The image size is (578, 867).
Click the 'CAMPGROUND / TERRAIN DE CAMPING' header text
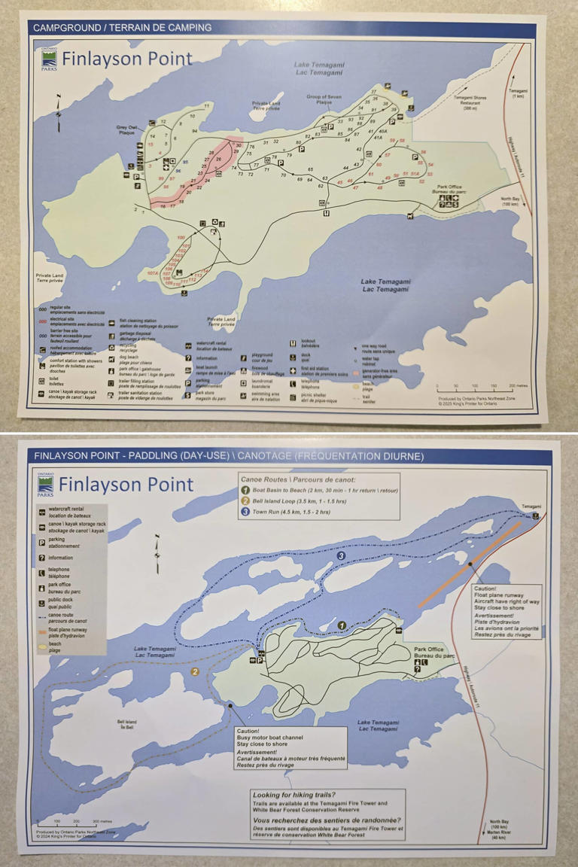pyautogui.click(x=122, y=28)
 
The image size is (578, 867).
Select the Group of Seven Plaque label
pyautogui.click(x=324, y=99)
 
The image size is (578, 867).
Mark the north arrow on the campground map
pyautogui.click(x=59, y=113)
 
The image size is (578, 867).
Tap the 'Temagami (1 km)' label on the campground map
pyautogui.click(x=518, y=93)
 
